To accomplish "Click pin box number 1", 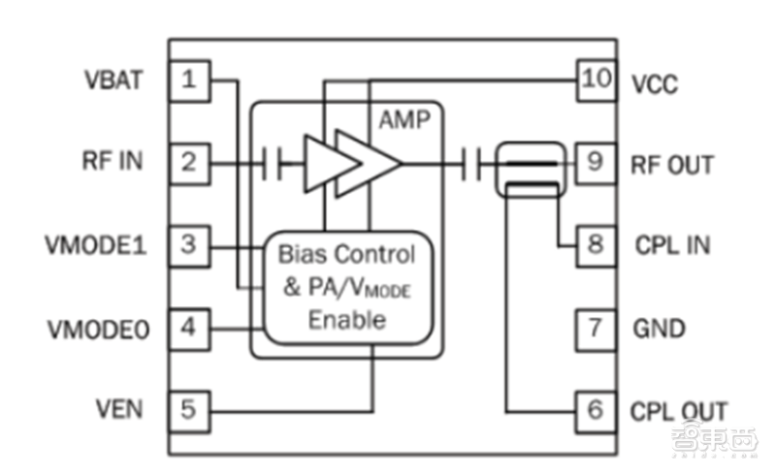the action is point(189,80).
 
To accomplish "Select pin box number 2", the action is point(189,164).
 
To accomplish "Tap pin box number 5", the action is point(189,412).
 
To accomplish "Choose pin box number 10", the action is point(597,80).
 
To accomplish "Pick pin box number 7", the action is point(596,330).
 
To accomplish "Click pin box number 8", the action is point(596,246).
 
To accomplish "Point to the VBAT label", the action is point(113,80).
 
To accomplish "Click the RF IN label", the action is point(113,161).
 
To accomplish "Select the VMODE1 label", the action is point(96,245).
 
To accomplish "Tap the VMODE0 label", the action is point(98,330).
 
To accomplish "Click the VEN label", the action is point(118,409).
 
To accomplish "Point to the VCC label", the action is point(655,84).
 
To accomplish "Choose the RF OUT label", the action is point(672,165).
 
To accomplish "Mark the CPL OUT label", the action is point(678,411).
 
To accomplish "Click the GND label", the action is point(660,329).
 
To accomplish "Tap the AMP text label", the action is point(404,120).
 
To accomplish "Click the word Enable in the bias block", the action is point(347,320).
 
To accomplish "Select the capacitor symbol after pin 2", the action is point(273,163).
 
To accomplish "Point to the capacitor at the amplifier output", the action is point(471,164).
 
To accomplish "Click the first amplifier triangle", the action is point(332,163).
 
